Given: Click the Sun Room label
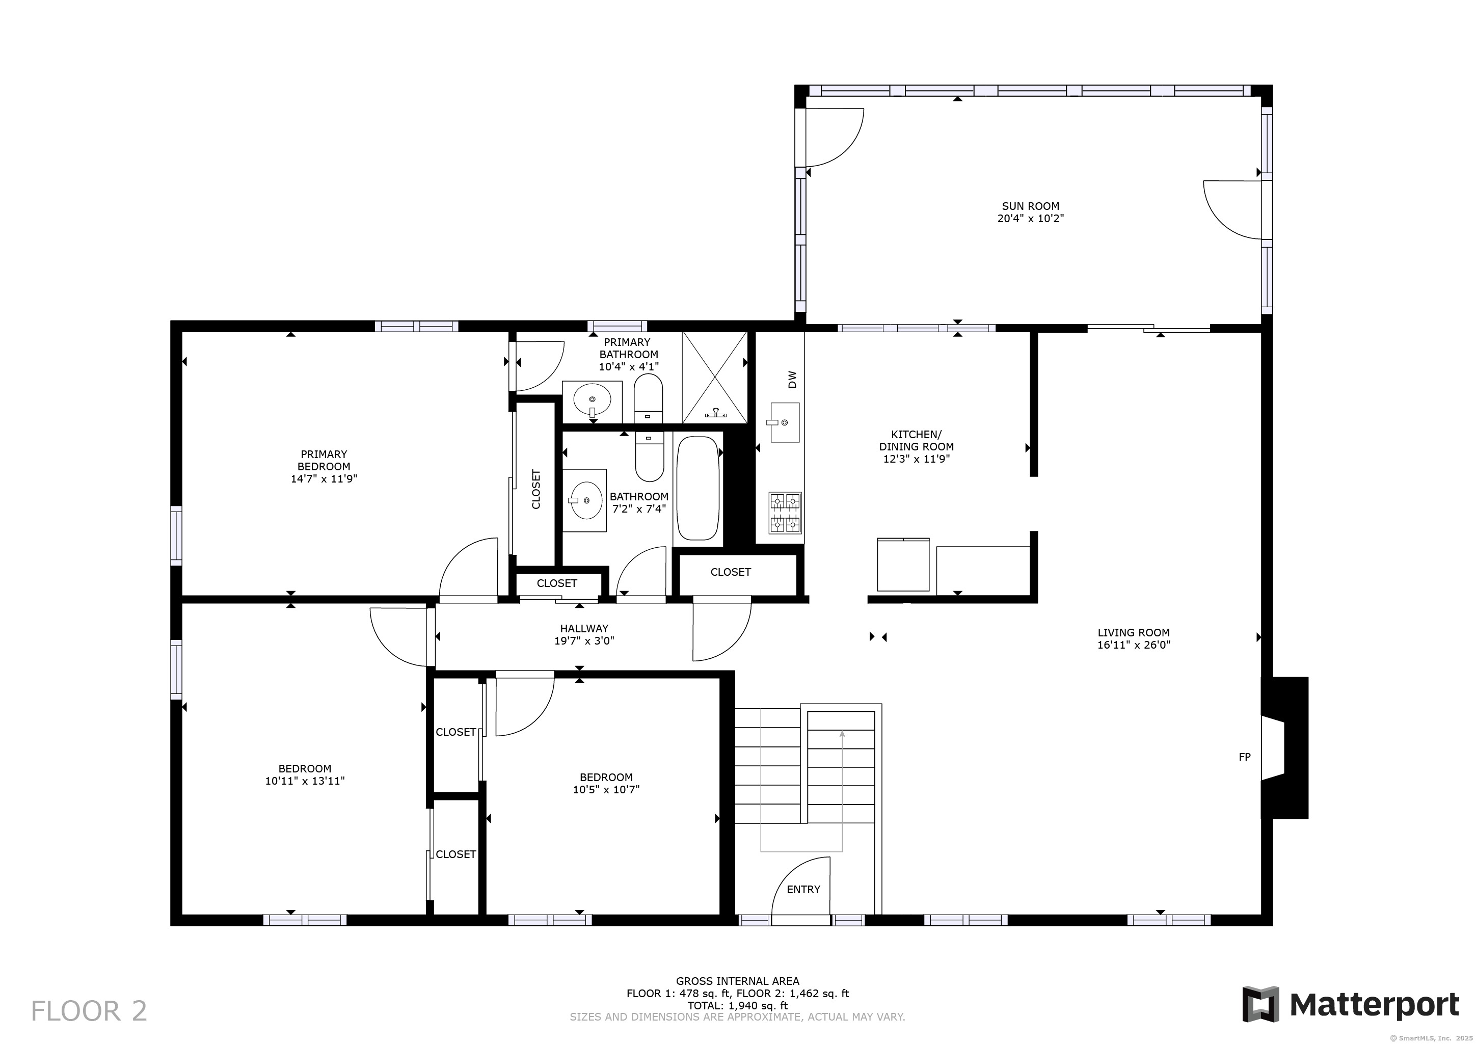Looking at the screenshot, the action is [x=1031, y=206].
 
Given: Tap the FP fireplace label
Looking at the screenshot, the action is [x=1245, y=757].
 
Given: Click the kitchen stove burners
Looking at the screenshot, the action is [x=786, y=513].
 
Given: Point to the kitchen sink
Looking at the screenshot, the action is [x=784, y=422].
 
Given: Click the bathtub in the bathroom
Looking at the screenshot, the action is [x=697, y=489].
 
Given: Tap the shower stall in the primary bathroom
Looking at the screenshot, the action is [x=715, y=378].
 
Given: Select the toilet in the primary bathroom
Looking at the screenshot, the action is [x=648, y=398].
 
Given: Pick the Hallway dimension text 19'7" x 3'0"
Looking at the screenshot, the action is [x=584, y=641].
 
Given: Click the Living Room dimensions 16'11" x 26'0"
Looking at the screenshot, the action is [x=1134, y=645].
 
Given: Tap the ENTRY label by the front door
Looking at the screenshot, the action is [x=803, y=889].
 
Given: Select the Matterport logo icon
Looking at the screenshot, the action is [x=1260, y=1004].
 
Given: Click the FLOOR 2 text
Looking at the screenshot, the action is [x=89, y=1011].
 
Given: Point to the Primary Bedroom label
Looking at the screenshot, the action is [x=324, y=460].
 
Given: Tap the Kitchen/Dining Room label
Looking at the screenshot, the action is [x=917, y=440].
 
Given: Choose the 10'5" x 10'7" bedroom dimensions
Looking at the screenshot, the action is [x=606, y=789].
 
